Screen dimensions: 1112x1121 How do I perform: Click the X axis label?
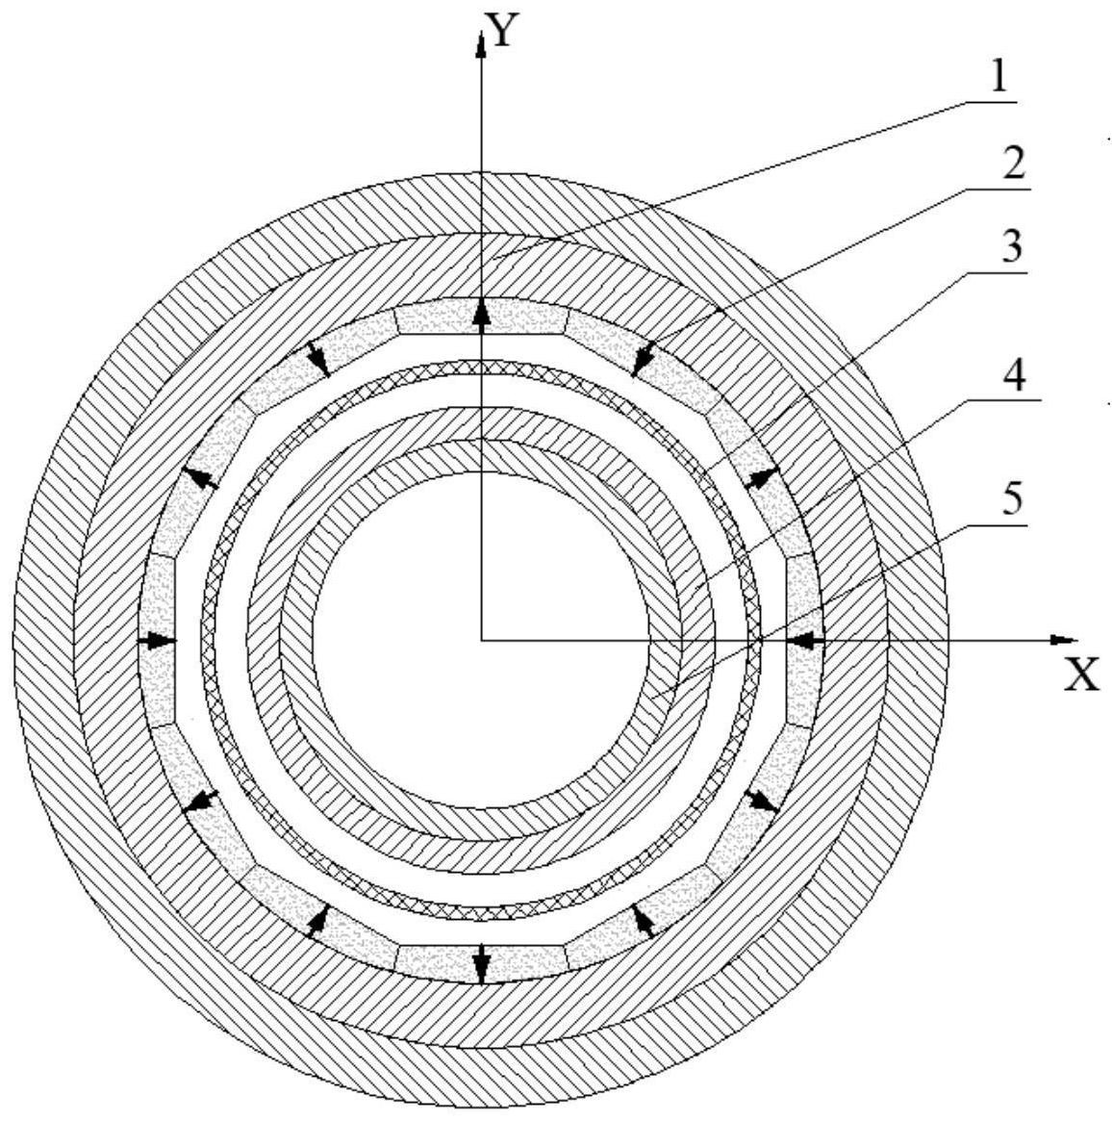click(x=1081, y=675)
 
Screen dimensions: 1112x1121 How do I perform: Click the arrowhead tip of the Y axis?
click(x=481, y=32)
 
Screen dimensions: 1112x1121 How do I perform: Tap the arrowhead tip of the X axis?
click(x=1077, y=639)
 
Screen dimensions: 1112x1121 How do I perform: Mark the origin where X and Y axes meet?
click(x=481, y=639)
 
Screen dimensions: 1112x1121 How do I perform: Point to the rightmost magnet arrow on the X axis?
click(x=805, y=641)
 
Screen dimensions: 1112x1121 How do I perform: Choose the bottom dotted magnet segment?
click(x=481, y=964)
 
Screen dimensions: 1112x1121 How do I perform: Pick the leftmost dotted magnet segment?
click(x=157, y=641)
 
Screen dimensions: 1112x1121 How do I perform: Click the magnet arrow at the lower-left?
click(x=201, y=802)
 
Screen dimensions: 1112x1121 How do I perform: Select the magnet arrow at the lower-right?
click(x=761, y=802)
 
